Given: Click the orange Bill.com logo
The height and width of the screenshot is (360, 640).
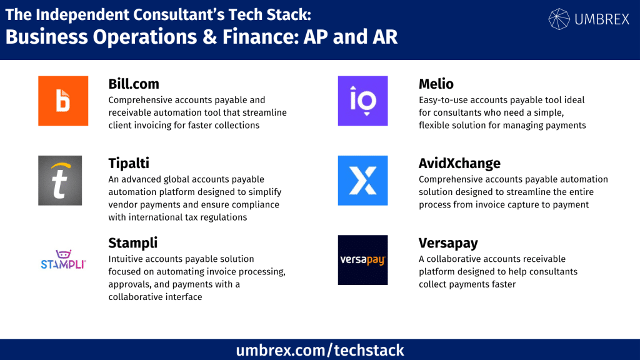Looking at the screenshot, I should pyautogui.click(x=63, y=101).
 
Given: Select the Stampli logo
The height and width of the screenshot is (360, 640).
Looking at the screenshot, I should pyautogui.click(x=63, y=260).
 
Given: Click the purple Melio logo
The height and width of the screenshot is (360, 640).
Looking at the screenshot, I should pyautogui.click(x=362, y=101).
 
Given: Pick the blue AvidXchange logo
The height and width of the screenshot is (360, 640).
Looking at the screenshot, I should pyautogui.click(x=362, y=181).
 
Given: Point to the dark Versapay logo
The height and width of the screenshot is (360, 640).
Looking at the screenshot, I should pyautogui.click(x=362, y=260).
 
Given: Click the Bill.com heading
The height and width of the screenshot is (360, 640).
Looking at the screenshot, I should pyautogui.click(x=134, y=84).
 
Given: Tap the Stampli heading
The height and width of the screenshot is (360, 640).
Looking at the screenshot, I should pyautogui.click(x=132, y=243).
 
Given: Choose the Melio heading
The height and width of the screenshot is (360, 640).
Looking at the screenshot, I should pyautogui.click(x=436, y=84).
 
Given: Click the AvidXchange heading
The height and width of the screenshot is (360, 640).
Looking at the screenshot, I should pyautogui.click(x=459, y=164).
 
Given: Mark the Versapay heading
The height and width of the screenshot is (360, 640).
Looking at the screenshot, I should pyautogui.click(x=448, y=243).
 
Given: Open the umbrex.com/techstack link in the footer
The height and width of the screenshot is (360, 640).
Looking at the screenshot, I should pyautogui.click(x=320, y=350).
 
